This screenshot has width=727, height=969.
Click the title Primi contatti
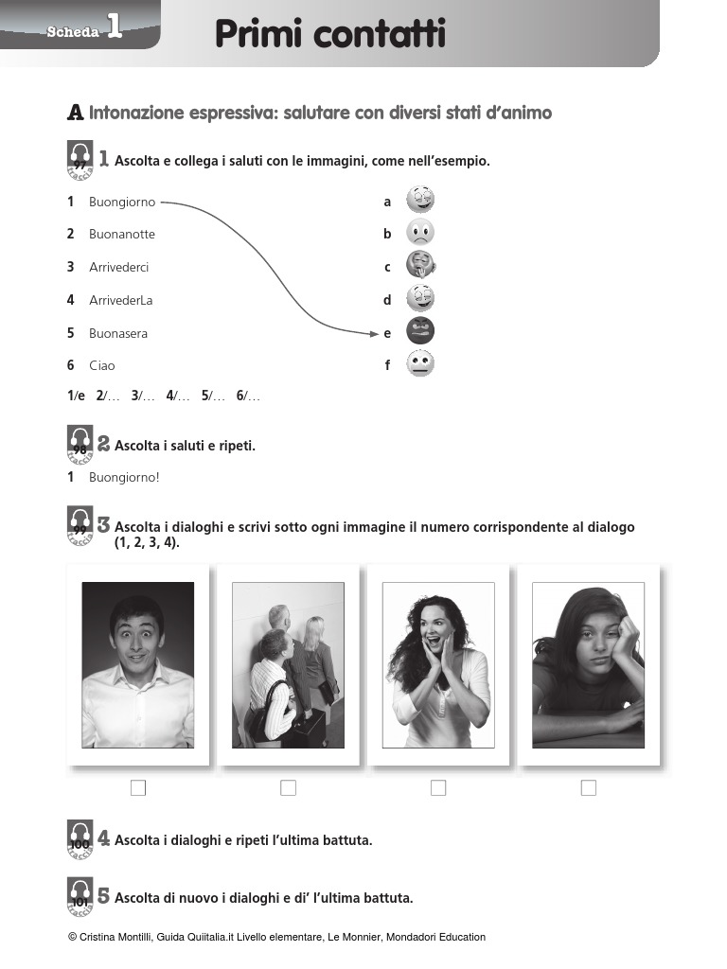[x=329, y=35]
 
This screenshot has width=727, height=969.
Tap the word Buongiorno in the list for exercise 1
[x=122, y=202]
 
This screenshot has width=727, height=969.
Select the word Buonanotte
[x=122, y=234]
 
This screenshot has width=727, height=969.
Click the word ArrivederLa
[x=121, y=300]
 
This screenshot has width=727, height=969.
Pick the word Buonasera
[x=118, y=333]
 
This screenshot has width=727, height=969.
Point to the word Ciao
[x=102, y=365]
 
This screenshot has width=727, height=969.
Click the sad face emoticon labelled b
[x=420, y=233]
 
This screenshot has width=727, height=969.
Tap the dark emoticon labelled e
[x=420, y=331]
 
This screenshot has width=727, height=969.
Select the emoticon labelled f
[x=420, y=364]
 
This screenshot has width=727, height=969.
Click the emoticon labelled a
[x=420, y=200]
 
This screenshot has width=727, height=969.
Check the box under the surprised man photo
[x=138, y=787]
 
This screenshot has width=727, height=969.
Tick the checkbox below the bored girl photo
[x=588, y=787]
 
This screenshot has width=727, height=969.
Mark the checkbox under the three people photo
[x=288, y=787]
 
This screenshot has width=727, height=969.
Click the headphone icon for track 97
[x=80, y=159]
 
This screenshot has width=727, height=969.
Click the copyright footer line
[x=277, y=937]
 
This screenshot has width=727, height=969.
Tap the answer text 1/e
[x=76, y=396]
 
